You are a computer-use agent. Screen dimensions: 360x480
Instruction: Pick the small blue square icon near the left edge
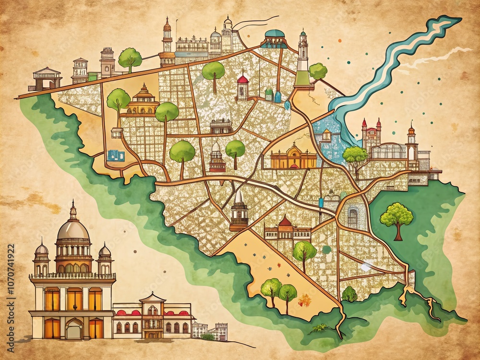pyautogui.click(x=116, y=155)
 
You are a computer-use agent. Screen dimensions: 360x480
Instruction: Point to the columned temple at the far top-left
pyautogui.click(x=47, y=78)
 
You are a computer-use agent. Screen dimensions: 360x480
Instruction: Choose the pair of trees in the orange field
pyautogui.click(x=279, y=291)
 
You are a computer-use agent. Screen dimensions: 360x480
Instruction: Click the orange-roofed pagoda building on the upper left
pyautogui.click(x=143, y=100)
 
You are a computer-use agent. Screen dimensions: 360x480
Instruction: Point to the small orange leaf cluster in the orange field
pyautogui.click(x=305, y=301)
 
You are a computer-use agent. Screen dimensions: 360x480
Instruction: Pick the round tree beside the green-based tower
pyautogui.click(x=318, y=71)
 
